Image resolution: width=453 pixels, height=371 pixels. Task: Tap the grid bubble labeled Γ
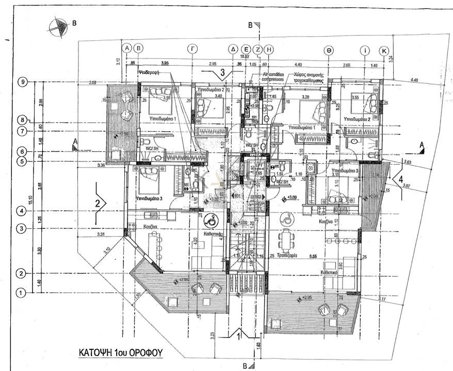pos(192,49)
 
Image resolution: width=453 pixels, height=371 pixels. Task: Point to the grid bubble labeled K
pos(384,51)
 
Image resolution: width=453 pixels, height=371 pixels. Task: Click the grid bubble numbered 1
pos(22,293)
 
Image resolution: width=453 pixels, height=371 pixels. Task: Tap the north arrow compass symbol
pos(58,27)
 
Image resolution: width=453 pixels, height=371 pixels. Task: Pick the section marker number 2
pos(98,203)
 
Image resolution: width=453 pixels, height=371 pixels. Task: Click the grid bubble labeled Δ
pos(233,49)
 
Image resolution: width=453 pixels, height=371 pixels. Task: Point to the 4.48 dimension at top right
pos(415,80)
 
